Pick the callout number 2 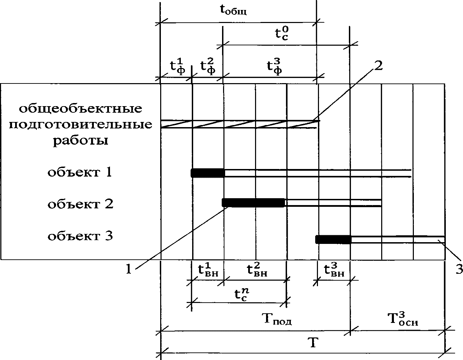click(378, 66)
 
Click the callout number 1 click(129, 269)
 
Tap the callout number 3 click(459, 269)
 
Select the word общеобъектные click(80, 109)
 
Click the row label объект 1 click(80, 172)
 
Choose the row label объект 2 click(80, 204)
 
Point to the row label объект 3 click(80, 236)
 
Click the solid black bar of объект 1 click(208, 173)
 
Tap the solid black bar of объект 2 click(254, 203)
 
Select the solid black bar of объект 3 click(333, 239)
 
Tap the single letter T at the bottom click(312, 343)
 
